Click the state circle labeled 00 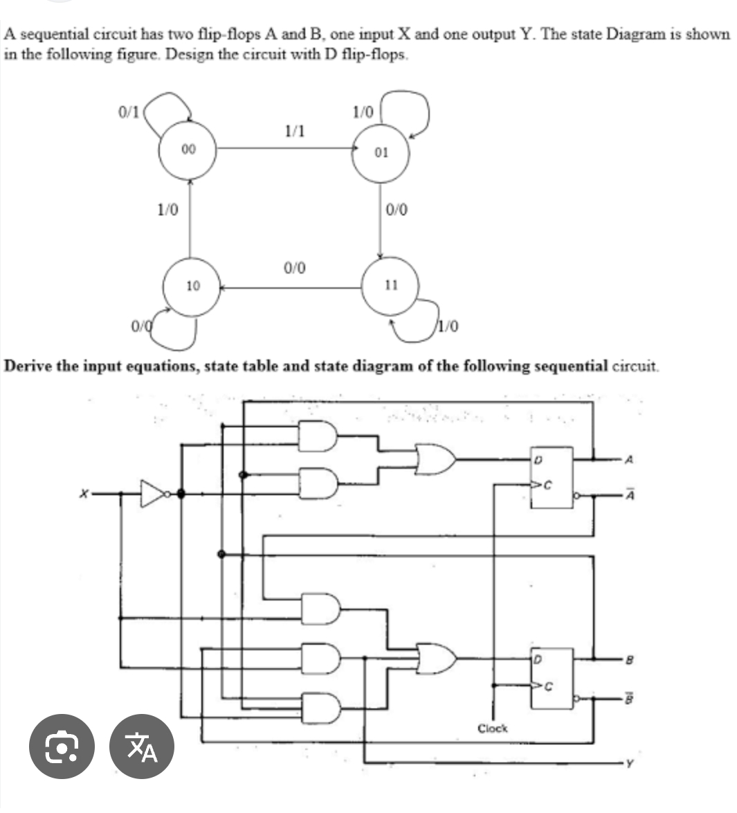[x=188, y=148]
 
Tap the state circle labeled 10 [x=192, y=285]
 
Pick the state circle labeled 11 [x=391, y=285]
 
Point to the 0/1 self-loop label [x=129, y=110]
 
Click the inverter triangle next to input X [x=153, y=494]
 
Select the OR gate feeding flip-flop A [x=435, y=458]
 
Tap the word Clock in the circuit [x=492, y=729]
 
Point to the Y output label [x=628, y=765]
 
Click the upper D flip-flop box [x=551, y=477]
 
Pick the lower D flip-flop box [x=551, y=678]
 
